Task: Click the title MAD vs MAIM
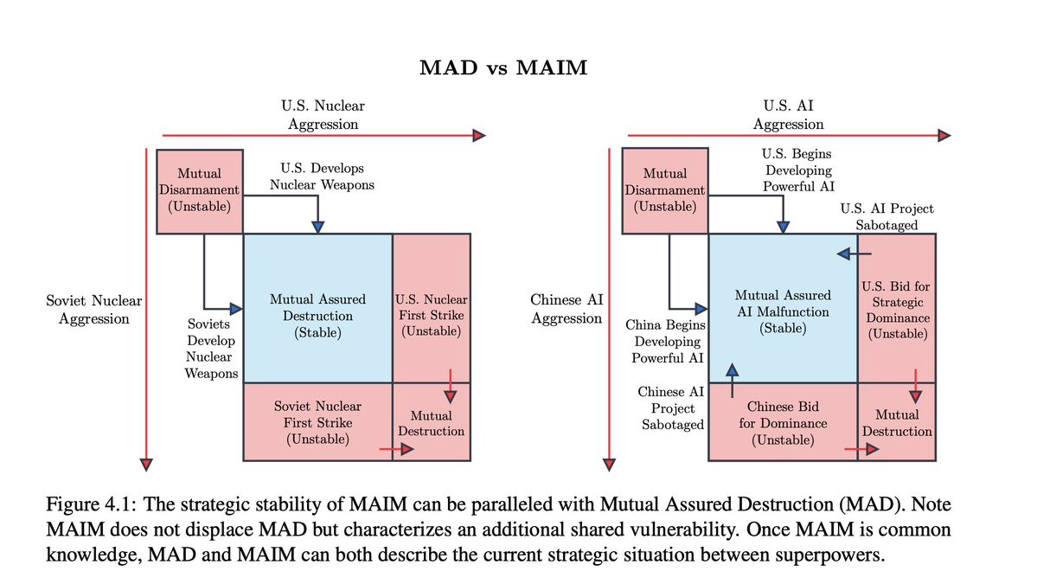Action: point(502,67)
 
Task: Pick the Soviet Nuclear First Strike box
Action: point(317,422)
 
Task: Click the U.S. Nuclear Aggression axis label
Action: point(323,114)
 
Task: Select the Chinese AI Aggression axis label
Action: point(567,309)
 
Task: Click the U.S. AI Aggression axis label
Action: point(788,114)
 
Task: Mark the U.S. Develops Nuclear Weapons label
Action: point(322,176)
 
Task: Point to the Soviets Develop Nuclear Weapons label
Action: point(211,347)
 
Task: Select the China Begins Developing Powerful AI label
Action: point(666,342)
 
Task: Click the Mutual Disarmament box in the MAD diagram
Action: point(199,190)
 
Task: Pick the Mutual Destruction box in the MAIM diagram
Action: point(897,423)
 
